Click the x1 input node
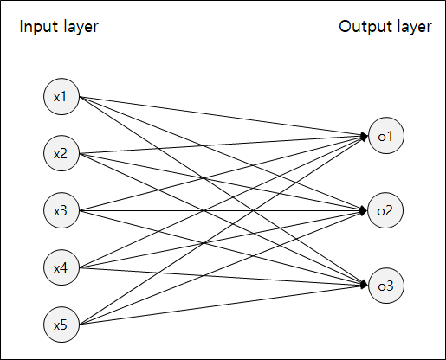61,97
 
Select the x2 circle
61,154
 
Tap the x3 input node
61,211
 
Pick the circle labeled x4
61,268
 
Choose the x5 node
61,325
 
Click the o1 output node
385,136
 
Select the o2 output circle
385,210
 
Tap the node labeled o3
385,286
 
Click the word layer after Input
81,27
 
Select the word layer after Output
412,27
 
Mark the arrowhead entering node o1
364,136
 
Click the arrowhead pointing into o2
364,210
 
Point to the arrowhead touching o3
364,285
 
